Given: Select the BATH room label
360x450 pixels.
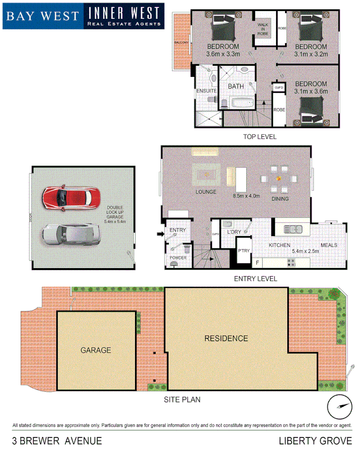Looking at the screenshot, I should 236,87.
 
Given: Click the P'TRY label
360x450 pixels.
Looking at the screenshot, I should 243,250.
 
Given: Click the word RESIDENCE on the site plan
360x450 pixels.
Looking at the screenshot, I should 226,338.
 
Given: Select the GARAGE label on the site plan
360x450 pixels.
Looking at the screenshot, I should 96,350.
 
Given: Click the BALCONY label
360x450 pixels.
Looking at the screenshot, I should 181,43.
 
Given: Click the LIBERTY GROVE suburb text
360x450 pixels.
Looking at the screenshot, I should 315,441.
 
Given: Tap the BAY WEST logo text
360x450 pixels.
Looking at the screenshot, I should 42,15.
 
